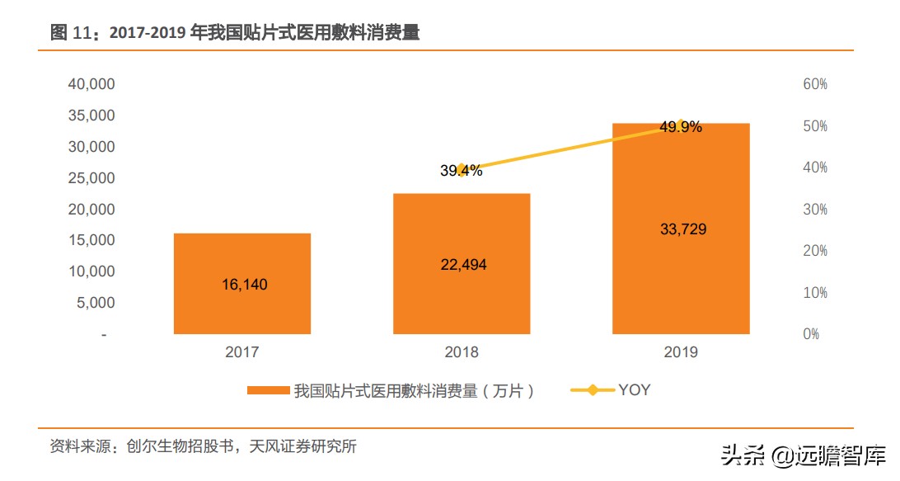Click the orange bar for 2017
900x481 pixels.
241,284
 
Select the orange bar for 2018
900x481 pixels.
462,264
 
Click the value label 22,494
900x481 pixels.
462,265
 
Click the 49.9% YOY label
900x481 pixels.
680,127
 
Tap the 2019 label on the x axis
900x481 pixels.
680,352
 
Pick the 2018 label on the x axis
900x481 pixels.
461,352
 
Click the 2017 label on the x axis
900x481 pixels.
241,352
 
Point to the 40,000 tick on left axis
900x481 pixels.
91,84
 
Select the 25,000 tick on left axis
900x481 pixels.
91,178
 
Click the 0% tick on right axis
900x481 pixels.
811,334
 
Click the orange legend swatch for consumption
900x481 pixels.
268,391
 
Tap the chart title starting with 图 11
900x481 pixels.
235,33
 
